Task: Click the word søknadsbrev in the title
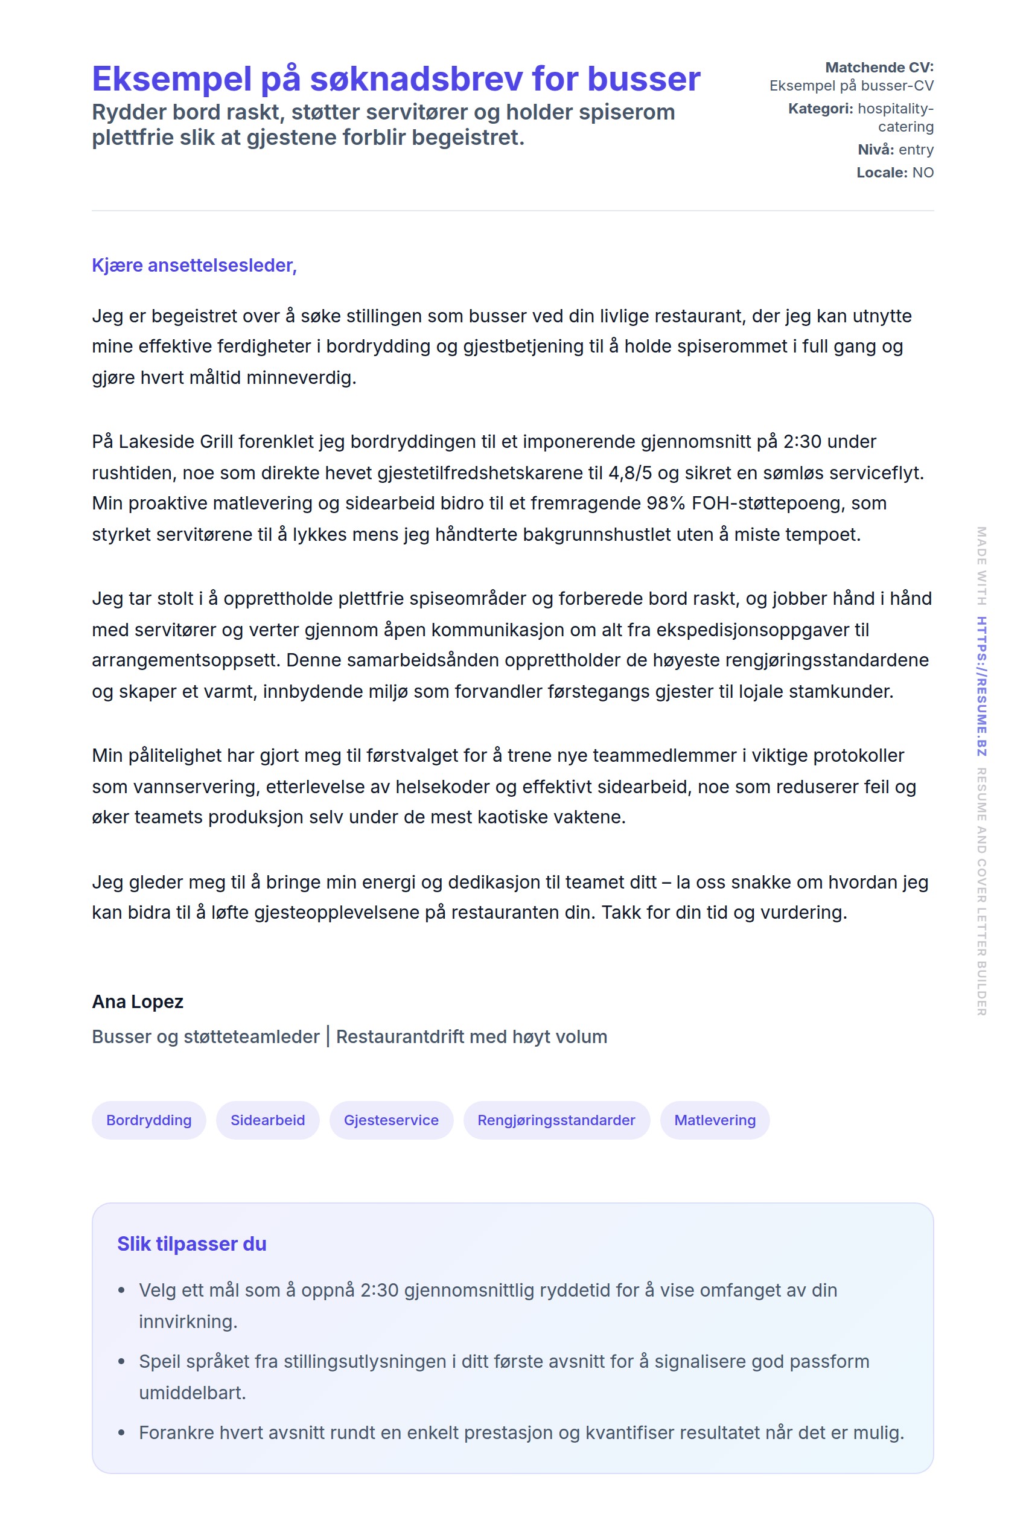[415, 79]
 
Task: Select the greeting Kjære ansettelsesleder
[194, 265]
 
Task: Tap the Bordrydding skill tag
[148, 1120]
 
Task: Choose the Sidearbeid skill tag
[267, 1120]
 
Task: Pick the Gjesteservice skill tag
[390, 1120]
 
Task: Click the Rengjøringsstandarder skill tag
[556, 1120]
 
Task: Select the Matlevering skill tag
[715, 1120]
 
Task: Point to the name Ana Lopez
[138, 1001]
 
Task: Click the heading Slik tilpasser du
[192, 1243]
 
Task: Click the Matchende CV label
[879, 68]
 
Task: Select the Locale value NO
[923, 173]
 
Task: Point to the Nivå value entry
[916, 150]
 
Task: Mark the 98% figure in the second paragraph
[666, 503]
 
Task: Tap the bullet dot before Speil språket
[121, 1361]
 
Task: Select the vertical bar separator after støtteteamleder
[328, 1036]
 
